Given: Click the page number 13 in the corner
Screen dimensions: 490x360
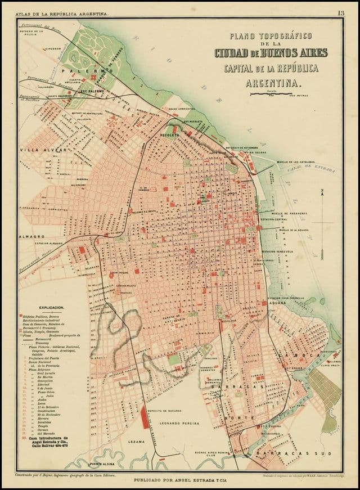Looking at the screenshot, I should [341, 13].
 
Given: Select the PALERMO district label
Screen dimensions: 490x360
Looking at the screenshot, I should [96, 71].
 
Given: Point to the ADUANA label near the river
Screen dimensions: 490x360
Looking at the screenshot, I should [278, 302].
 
